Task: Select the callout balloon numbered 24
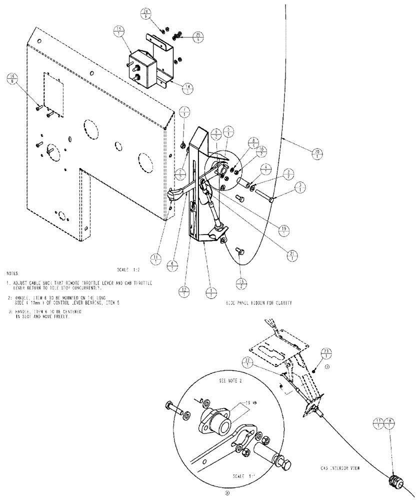159,13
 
